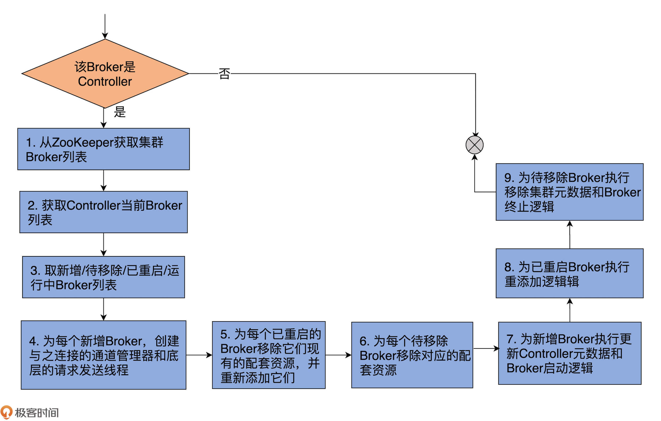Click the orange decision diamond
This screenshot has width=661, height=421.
105,74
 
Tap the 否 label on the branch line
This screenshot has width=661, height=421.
224,74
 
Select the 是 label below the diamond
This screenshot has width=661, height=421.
120,112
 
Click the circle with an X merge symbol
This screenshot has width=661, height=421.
474,145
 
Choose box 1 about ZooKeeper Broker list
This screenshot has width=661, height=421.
103,149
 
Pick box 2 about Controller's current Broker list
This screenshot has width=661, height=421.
103,212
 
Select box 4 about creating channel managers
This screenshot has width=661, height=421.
103,355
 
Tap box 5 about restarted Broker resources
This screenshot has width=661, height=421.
269,355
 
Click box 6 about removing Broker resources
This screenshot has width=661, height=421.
412,355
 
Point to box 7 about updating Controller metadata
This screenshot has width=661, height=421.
570,353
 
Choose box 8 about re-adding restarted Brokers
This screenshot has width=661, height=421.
570,273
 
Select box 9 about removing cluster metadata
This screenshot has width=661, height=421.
570,192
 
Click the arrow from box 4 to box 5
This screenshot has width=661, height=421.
199,355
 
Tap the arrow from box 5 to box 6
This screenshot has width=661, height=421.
338,355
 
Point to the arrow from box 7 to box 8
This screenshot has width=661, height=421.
570,310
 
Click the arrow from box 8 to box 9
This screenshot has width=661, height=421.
570,235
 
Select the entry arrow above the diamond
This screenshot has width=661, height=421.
105,26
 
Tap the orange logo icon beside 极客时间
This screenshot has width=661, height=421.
6,412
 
